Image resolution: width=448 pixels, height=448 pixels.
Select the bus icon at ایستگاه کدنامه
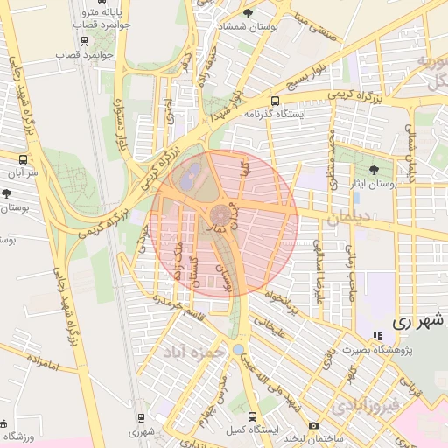[x=276, y=100]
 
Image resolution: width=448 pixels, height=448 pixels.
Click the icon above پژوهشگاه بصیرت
[x=377, y=336]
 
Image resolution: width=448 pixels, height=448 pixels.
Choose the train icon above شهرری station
[x=141, y=416]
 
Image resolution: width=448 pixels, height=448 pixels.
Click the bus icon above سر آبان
[x=23, y=159]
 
